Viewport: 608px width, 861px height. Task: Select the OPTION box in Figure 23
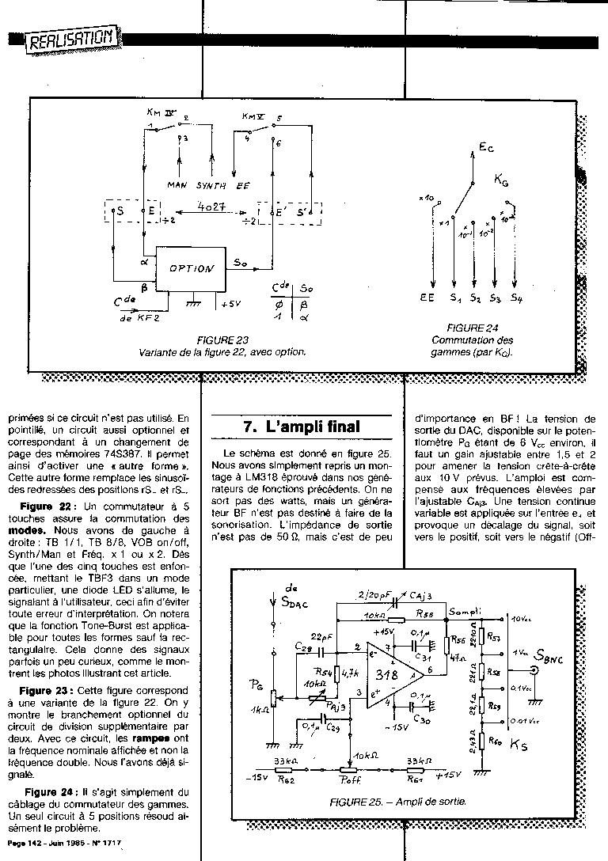[x=192, y=268]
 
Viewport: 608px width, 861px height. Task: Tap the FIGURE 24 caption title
[x=471, y=328]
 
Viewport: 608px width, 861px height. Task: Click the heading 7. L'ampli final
[x=301, y=427]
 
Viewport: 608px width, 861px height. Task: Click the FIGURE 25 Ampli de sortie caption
[x=397, y=802]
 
